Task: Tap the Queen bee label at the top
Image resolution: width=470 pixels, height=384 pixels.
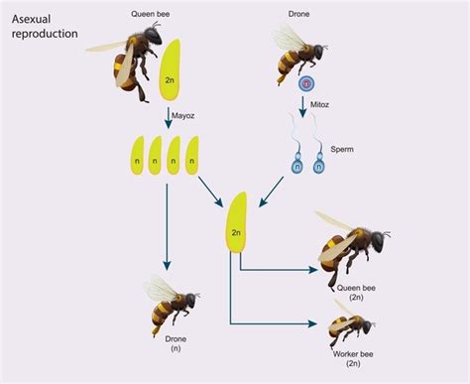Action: tap(152, 15)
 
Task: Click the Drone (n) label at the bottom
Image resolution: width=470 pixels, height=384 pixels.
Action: tap(165, 349)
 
